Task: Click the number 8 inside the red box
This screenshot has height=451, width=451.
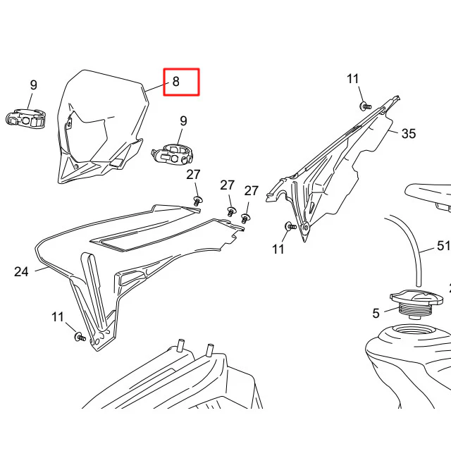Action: tap(175, 82)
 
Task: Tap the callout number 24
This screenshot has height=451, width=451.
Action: tap(21, 271)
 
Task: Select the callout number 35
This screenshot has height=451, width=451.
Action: tap(409, 133)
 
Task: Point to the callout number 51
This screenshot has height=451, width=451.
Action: tap(443, 246)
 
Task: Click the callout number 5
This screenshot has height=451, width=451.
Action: tap(376, 313)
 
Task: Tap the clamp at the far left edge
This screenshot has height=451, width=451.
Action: tap(26, 118)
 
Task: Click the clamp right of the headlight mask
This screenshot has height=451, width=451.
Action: tap(172, 154)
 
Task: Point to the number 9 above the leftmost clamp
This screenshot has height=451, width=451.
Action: tap(34, 85)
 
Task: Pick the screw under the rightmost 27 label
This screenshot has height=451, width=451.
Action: tap(245, 218)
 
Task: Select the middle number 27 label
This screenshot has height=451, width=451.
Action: tap(227, 185)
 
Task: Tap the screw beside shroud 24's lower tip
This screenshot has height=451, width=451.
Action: tap(80, 337)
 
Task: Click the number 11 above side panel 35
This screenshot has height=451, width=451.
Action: tap(353, 79)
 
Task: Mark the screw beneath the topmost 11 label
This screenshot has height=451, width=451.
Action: tap(365, 106)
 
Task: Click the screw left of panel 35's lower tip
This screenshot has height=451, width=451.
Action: tap(290, 226)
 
